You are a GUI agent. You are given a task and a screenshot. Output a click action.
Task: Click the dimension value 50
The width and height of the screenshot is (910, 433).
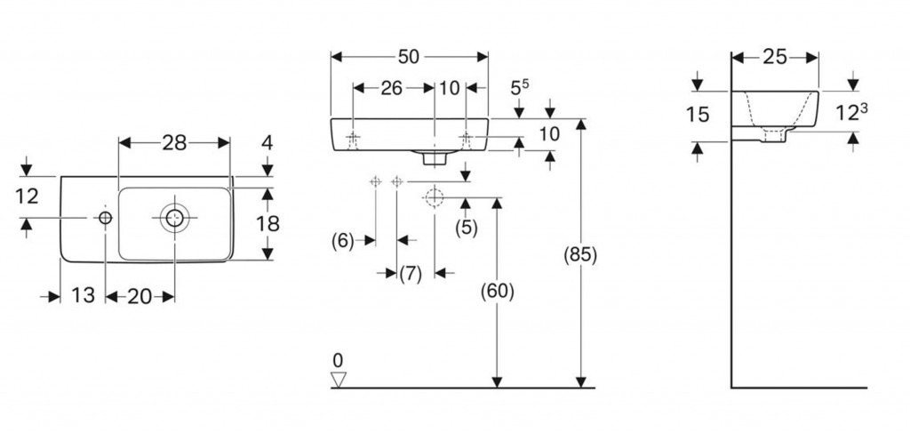(409, 57)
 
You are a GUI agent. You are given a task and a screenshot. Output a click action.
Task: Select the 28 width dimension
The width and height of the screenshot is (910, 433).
(174, 142)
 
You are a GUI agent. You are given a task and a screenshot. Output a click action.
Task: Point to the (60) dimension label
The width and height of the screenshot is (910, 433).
(497, 290)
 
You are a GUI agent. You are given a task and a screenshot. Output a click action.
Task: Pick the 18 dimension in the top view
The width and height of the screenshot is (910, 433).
(267, 223)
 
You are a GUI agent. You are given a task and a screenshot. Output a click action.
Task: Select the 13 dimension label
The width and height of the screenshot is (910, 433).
(83, 296)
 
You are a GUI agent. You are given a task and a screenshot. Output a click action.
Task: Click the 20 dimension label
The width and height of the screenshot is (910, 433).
(140, 296)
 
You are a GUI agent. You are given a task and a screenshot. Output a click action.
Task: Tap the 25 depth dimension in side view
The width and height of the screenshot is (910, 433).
(775, 57)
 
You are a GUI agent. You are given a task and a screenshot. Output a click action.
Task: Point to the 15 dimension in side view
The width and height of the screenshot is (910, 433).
(698, 115)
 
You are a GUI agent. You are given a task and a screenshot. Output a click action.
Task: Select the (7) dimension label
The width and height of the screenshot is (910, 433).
(409, 274)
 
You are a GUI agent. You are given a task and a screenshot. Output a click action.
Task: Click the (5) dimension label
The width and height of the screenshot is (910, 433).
(466, 228)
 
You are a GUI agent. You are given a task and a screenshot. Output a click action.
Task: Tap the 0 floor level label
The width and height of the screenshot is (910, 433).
(337, 360)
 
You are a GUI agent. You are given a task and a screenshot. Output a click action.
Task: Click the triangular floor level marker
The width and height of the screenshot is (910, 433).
(337, 380)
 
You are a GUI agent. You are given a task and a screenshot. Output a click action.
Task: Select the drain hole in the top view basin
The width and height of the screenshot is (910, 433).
(172, 216)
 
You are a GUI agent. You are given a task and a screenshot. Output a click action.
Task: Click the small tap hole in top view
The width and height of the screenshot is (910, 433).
(105, 217)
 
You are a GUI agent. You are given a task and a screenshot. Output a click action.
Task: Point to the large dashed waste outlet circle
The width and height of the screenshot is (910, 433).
(435, 197)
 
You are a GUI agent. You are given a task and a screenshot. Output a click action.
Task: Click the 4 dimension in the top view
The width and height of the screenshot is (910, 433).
(267, 143)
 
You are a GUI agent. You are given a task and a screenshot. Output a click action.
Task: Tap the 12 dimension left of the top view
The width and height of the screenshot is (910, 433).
(28, 196)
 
